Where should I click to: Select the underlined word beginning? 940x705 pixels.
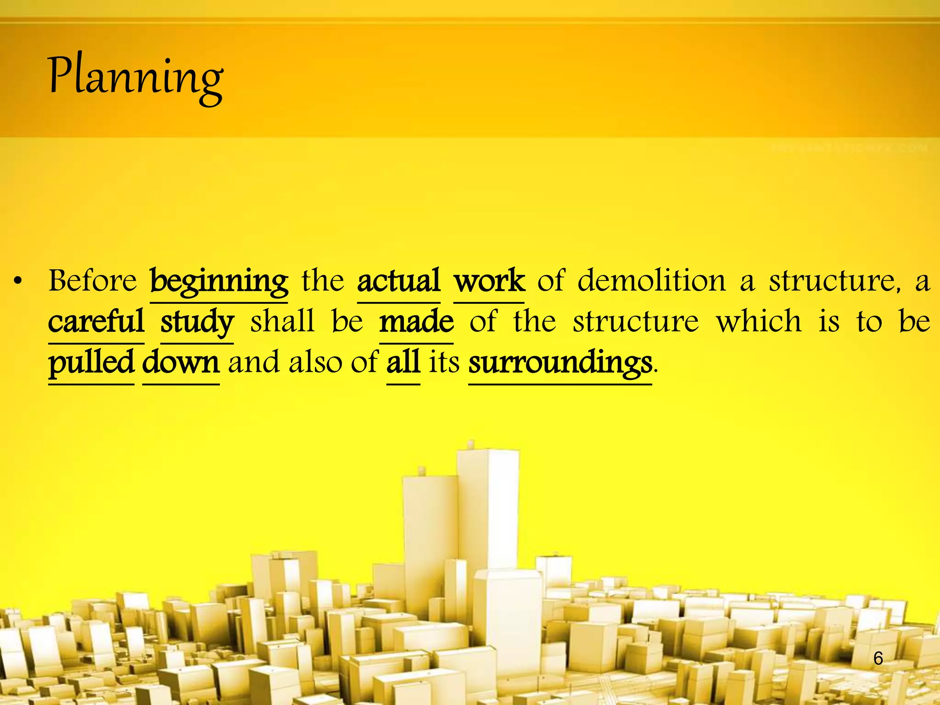[x=219, y=281]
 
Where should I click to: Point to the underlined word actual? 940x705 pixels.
[x=398, y=280]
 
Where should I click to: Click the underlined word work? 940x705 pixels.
[x=489, y=280]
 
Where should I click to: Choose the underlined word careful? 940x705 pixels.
[x=96, y=321]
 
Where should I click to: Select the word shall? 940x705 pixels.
[x=282, y=321]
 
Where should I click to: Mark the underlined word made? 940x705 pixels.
[x=416, y=321]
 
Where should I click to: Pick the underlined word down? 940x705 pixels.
[x=181, y=362]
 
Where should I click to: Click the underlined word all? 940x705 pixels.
[x=403, y=362]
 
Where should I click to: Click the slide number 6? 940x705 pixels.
[x=878, y=658]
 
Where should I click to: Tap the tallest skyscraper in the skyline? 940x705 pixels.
[x=488, y=505]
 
